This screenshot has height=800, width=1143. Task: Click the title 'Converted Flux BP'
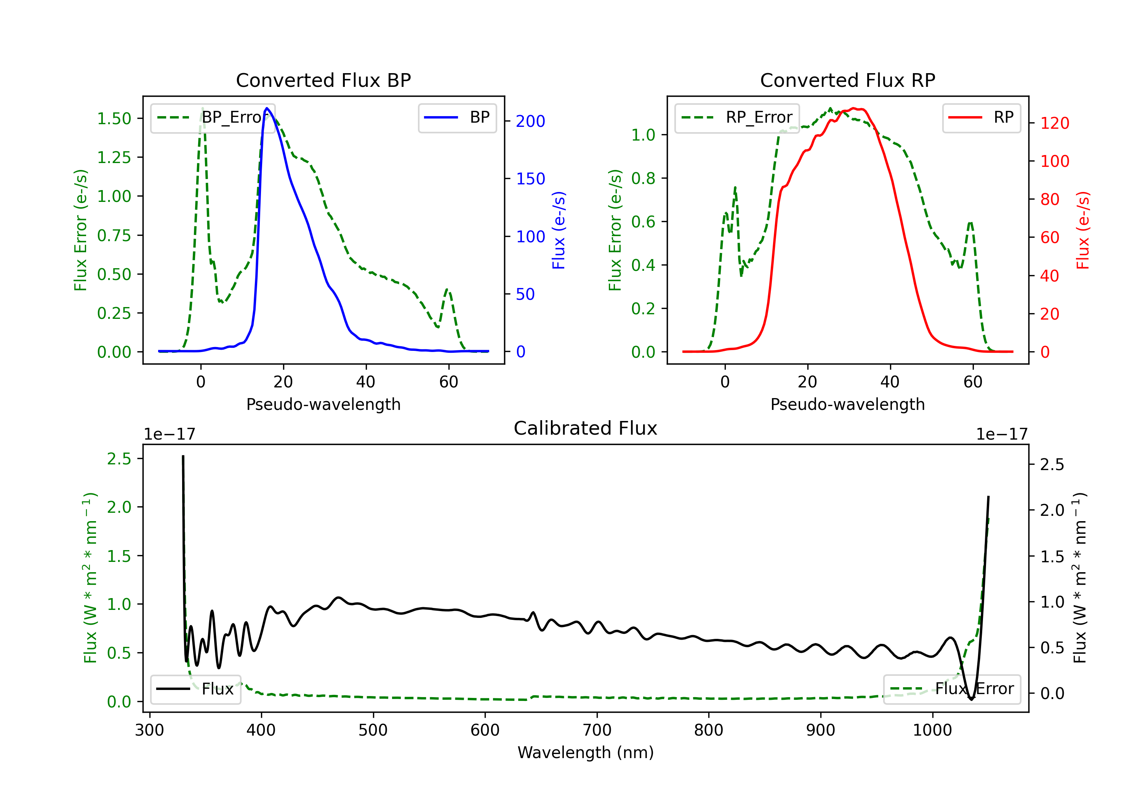tap(323, 80)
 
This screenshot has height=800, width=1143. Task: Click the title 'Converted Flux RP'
tap(847, 80)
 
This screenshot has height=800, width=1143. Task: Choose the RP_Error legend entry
tap(737, 117)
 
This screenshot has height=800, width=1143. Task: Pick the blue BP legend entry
tap(457, 117)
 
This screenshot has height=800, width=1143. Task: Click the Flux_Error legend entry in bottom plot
tap(951, 689)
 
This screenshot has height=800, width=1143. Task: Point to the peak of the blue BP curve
tap(267, 108)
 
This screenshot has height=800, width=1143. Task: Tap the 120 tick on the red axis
tap(1054, 123)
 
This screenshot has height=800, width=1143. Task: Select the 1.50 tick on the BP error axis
tap(114, 118)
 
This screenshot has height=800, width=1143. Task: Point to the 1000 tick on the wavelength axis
tap(932, 730)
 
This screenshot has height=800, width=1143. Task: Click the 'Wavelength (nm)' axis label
tap(586, 752)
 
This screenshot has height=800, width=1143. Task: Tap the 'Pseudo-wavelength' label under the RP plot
tap(847, 404)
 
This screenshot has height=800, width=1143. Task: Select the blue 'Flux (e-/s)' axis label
tap(559, 230)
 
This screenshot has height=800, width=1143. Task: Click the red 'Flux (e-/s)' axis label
tap(1083, 230)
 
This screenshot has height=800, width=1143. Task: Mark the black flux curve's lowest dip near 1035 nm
tap(971, 699)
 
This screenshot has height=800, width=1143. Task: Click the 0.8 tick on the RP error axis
tap(643, 178)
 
